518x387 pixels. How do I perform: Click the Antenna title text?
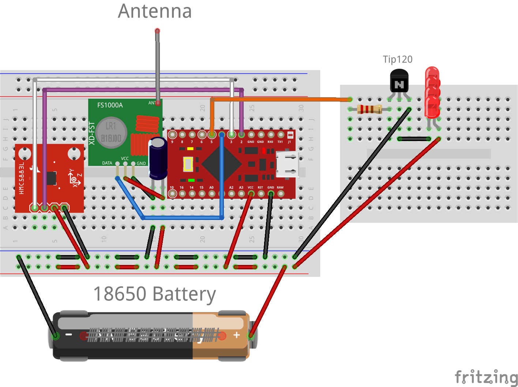point(155,11)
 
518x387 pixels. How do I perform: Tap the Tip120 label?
point(398,60)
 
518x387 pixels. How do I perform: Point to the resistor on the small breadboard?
point(369,109)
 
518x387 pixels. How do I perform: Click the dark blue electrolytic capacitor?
point(158,158)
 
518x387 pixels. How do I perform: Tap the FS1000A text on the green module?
point(110,105)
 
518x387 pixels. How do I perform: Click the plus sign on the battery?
point(237,335)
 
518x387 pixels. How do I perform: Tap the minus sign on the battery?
point(68,335)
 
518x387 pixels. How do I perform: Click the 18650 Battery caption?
point(154,294)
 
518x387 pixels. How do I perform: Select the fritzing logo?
point(486,377)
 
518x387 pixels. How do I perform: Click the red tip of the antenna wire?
point(157,31)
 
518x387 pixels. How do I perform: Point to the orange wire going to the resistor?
point(278,99)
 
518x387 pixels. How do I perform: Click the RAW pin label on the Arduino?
point(280,187)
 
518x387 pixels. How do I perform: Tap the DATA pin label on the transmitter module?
point(107,163)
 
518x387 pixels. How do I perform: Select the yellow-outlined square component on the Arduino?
point(188,164)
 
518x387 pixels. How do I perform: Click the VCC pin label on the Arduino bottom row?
point(251,187)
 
